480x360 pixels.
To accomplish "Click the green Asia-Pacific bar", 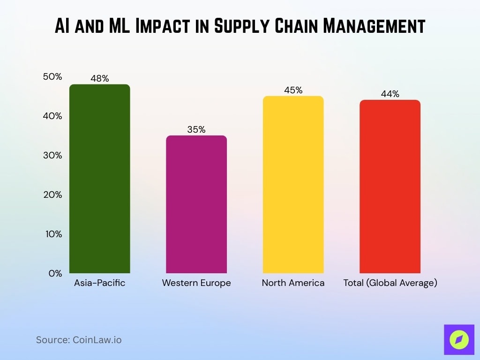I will coord(99,179).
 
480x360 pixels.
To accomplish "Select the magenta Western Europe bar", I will coord(196,204).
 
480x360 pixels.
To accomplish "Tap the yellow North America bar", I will coord(293,185).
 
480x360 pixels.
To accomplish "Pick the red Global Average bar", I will coord(390,187).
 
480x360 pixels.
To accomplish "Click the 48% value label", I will coord(99,78).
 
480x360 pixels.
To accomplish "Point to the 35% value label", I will coord(196,130).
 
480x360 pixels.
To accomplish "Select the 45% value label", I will coord(293,90).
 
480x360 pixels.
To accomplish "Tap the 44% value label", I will coord(390,94).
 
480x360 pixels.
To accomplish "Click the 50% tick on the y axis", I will coord(52,76).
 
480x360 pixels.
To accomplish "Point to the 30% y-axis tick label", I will coord(52,155).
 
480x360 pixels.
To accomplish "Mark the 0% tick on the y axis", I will coord(55,273).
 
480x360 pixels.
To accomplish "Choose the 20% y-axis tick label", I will coord(52,195).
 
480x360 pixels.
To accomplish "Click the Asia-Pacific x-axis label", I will coord(99,283).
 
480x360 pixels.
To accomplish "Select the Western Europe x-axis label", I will coord(196,283).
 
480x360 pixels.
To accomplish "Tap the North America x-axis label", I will coord(293,283).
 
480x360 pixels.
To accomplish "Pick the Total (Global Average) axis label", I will coord(390,283).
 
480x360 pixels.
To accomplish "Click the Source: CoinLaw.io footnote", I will coord(79,340).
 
